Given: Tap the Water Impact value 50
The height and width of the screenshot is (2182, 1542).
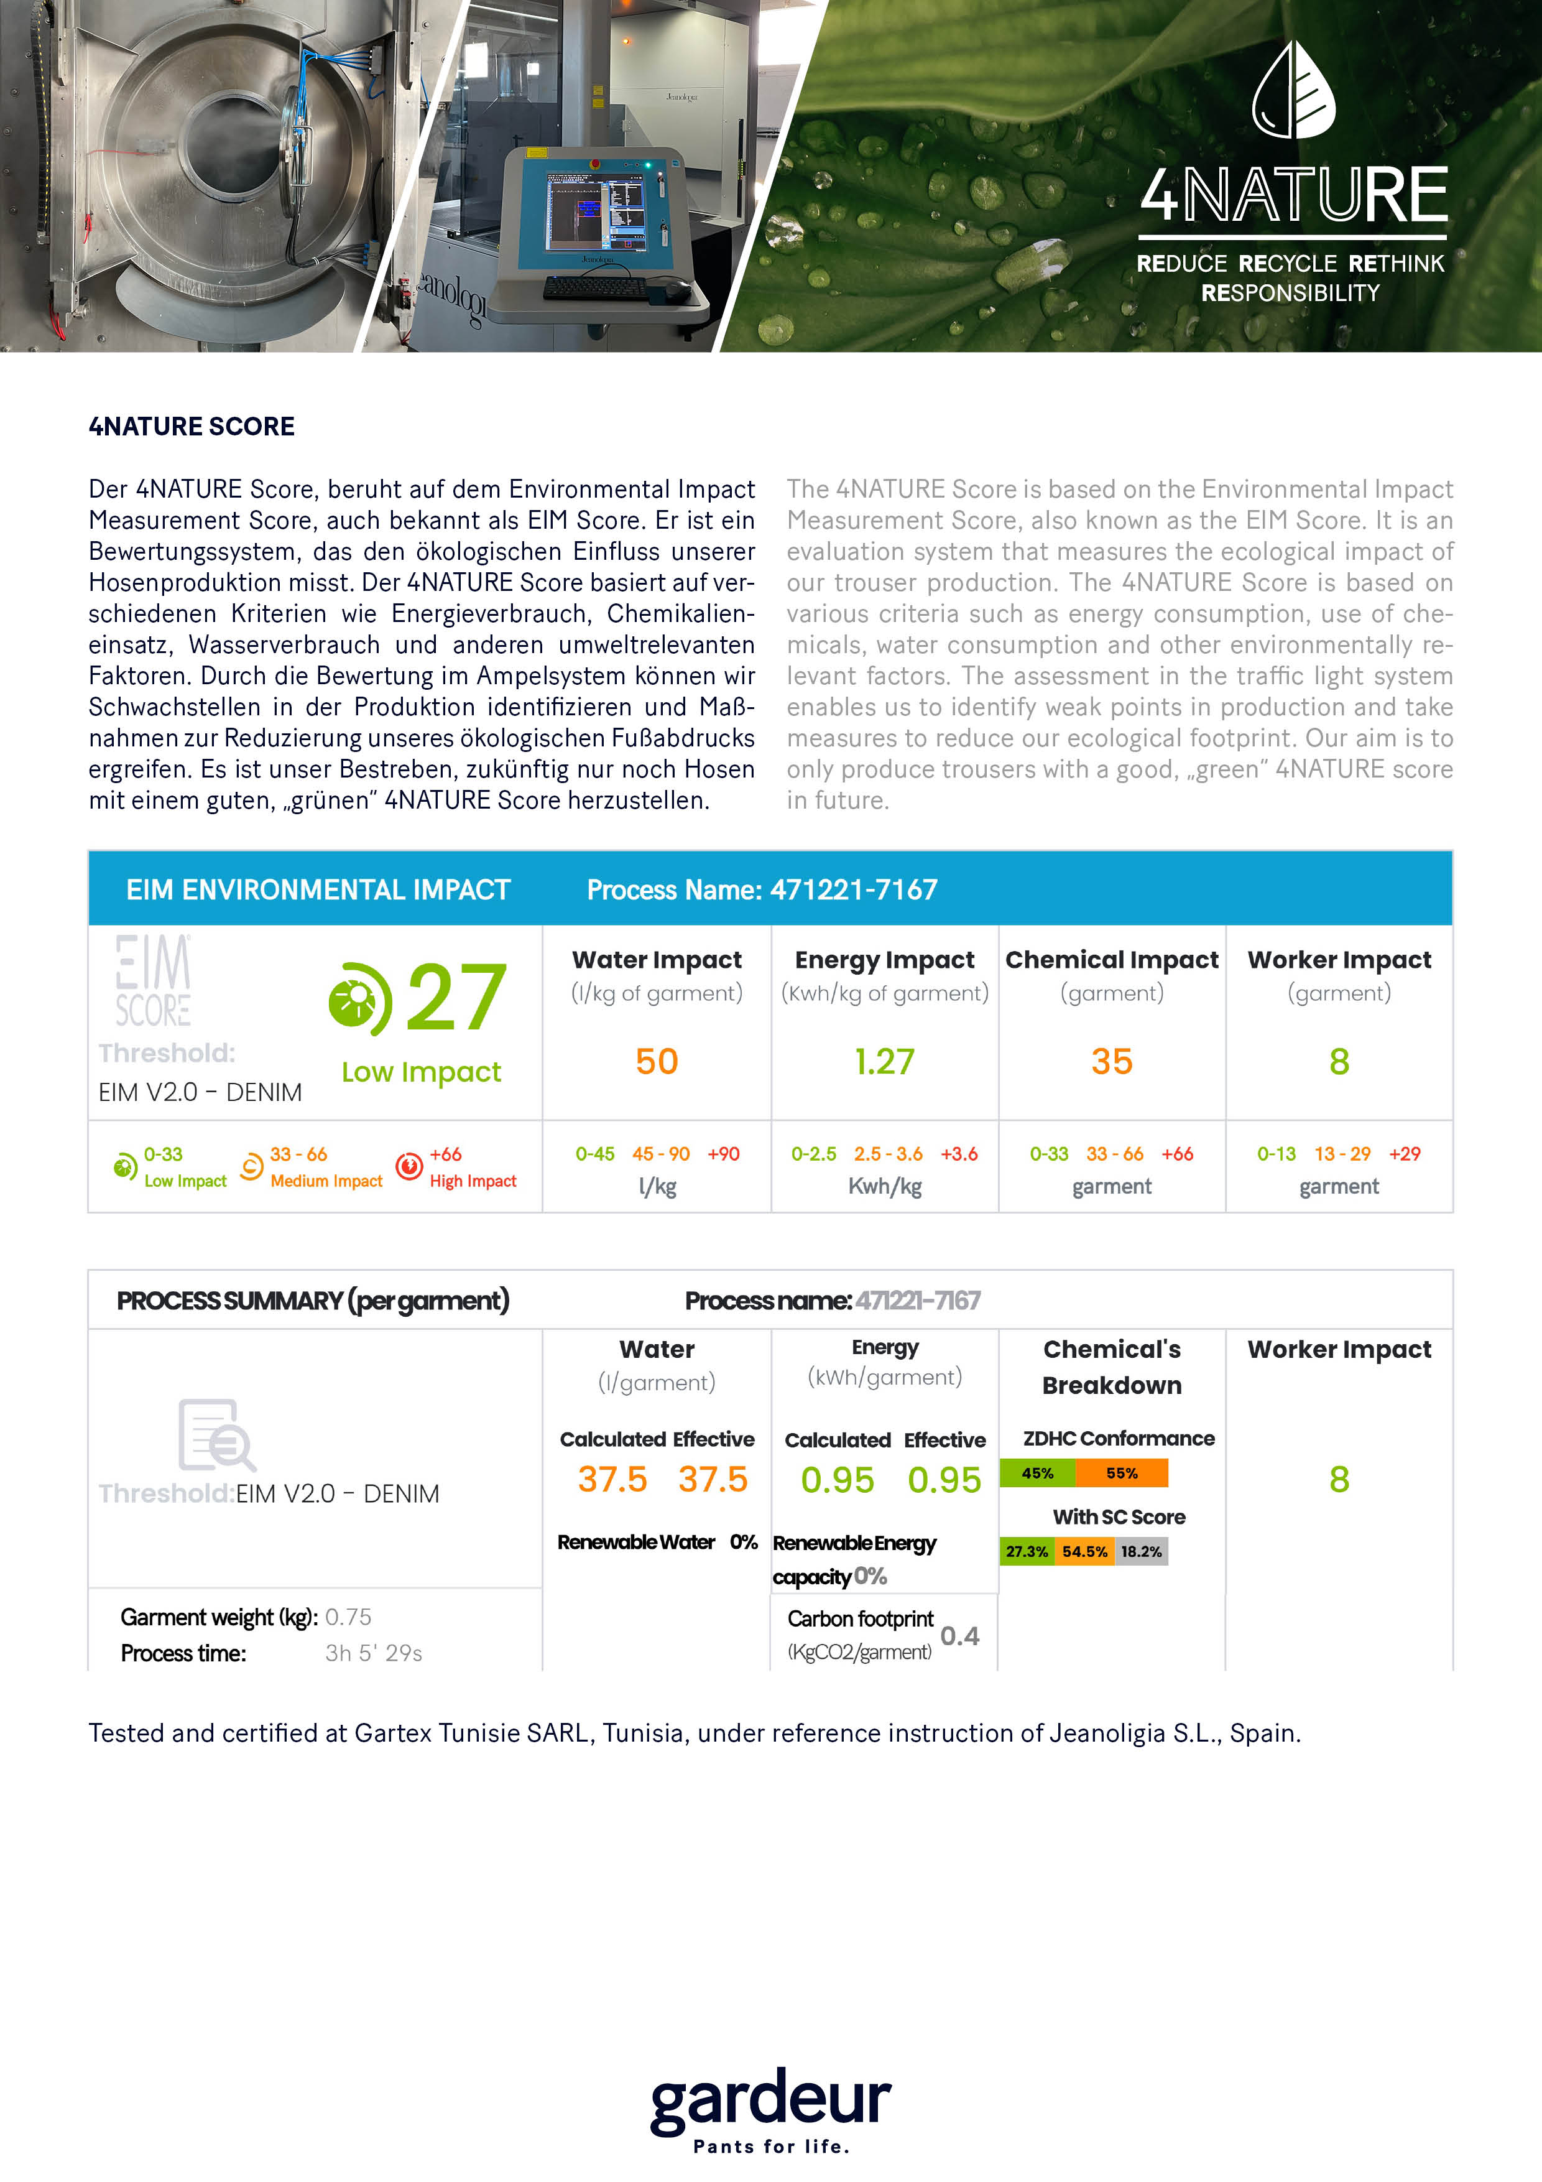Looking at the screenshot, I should (x=657, y=1062).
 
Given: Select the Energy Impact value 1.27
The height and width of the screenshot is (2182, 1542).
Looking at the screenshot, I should (x=885, y=1062).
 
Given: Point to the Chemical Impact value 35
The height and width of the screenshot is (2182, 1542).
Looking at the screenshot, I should (x=1112, y=1062).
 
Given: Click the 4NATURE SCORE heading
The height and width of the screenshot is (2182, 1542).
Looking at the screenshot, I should (x=192, y=427).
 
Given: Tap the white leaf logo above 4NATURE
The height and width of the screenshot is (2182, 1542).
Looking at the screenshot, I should (x=1293, y=90).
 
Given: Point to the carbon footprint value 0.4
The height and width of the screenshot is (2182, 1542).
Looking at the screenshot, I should (x=959, y=1635).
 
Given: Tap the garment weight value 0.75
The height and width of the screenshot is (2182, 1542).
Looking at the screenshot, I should (x=348, y=1617).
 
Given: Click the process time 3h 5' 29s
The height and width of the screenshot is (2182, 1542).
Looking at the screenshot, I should (x=374, y=1654).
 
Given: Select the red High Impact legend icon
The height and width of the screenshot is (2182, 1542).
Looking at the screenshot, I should (x=409, y=1166).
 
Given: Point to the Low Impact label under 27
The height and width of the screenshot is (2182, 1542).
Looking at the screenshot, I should (x=421, y=1072).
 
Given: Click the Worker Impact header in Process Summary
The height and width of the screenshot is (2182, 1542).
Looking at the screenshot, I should (x=1339, y=1350).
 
